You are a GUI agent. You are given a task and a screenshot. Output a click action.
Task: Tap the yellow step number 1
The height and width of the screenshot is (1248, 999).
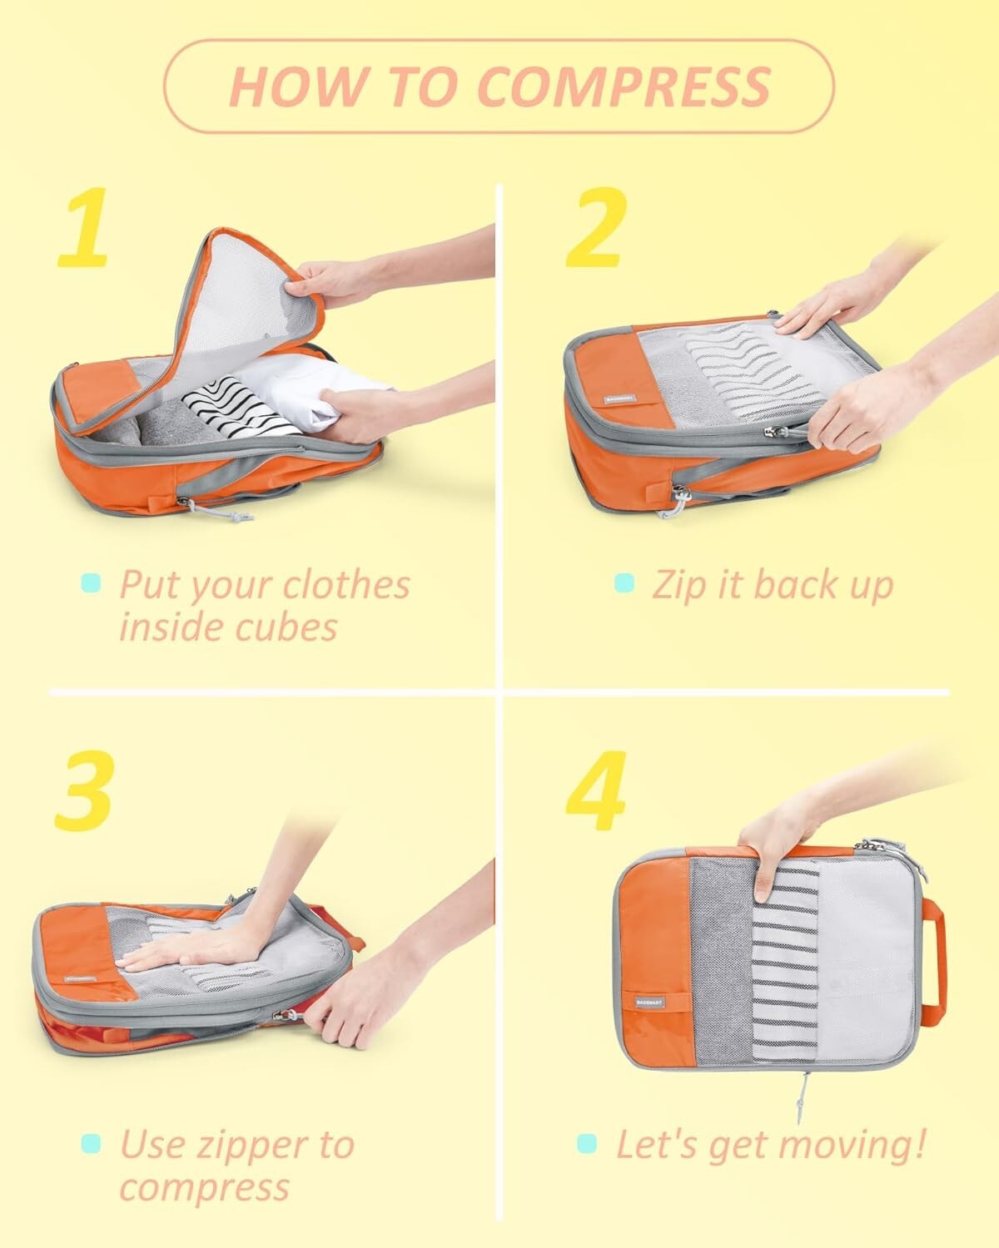[83, 226]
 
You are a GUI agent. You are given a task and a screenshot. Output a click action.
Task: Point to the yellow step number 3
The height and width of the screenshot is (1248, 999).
[83, 789]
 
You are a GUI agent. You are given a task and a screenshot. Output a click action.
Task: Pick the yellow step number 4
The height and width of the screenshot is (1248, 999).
[596, 789]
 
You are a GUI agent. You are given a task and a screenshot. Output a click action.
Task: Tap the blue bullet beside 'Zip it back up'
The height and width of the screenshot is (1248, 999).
[624, 582]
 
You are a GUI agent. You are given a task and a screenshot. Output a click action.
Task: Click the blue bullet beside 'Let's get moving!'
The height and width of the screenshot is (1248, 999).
[587, 1143]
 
